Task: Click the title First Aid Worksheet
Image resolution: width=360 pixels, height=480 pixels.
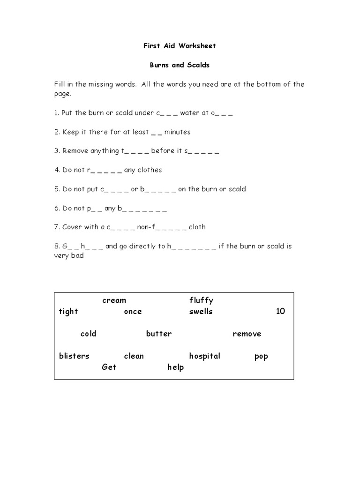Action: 180,46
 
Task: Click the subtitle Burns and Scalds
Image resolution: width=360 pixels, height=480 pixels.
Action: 180,65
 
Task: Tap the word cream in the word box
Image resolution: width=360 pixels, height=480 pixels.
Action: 114,300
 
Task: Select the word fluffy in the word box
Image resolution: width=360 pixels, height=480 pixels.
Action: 201,300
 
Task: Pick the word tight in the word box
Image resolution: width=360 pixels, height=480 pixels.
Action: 68,312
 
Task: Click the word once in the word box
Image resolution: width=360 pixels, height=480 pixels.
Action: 133,312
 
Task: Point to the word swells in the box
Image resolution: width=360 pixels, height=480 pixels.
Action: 201,312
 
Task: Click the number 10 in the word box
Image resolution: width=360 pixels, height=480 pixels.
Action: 280,312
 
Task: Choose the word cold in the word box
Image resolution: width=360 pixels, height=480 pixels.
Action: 88,334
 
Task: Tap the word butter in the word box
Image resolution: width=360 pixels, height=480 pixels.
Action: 159,334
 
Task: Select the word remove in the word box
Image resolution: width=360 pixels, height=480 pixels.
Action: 247,334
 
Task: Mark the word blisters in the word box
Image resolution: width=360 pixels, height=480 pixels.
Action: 74,356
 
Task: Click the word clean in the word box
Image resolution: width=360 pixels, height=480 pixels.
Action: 134,356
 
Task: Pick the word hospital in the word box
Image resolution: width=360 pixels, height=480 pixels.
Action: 204,356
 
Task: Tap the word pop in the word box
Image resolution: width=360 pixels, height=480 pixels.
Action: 261,357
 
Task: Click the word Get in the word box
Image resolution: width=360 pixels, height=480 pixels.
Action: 109,367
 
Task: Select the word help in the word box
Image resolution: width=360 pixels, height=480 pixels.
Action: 175,367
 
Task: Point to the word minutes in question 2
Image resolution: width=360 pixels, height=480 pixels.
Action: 177,132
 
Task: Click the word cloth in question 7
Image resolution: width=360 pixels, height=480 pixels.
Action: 197,227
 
